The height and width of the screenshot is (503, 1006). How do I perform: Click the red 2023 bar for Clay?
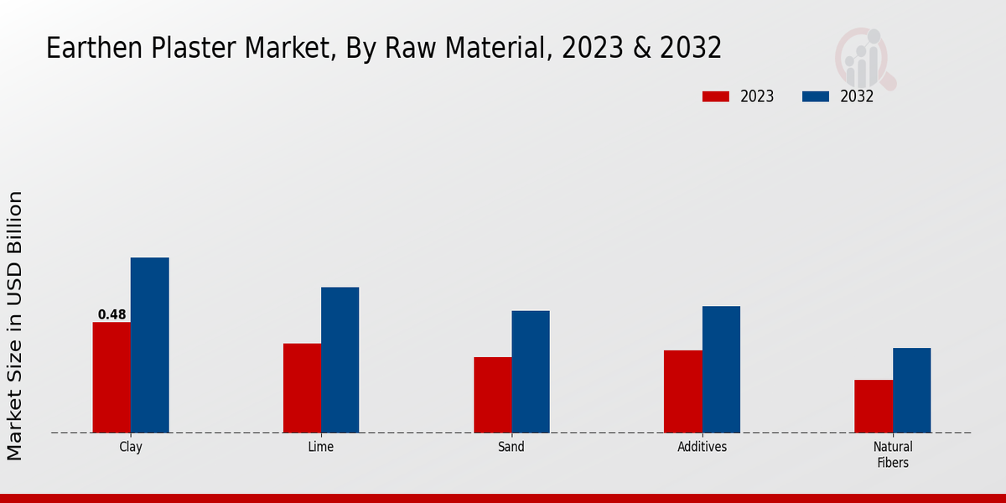coord(111,377)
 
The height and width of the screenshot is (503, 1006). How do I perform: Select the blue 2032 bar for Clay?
coord(149,345)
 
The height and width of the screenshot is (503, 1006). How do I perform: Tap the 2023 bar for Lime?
coord(302,388)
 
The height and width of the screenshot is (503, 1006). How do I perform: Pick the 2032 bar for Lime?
coord(340,360)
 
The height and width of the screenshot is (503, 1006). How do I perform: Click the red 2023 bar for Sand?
coord(492,395)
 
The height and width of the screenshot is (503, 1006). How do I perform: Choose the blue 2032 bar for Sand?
coord(531,372)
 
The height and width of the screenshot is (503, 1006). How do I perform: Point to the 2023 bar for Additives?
coord(682,392)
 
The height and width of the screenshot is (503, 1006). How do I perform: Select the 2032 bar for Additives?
coord(721,370)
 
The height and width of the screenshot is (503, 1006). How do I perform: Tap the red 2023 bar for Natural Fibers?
coord(874,407)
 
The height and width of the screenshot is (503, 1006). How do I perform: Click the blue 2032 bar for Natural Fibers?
coord(911,391)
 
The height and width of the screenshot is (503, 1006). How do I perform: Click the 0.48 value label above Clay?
coord(112,315)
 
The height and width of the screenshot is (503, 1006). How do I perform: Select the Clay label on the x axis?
coord(131,447)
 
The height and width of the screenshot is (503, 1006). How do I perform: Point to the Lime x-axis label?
coord(321,447)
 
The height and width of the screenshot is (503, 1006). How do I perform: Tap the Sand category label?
coord(511,447)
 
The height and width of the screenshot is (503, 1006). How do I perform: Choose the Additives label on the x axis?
coord(703,447)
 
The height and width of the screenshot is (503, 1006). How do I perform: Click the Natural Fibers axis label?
coord(893,454)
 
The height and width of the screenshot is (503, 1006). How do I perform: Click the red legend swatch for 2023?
coord(715,96)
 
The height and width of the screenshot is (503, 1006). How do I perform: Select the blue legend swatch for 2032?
coord(815,96)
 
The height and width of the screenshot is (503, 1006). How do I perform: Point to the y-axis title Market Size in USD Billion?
coord(16,325)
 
